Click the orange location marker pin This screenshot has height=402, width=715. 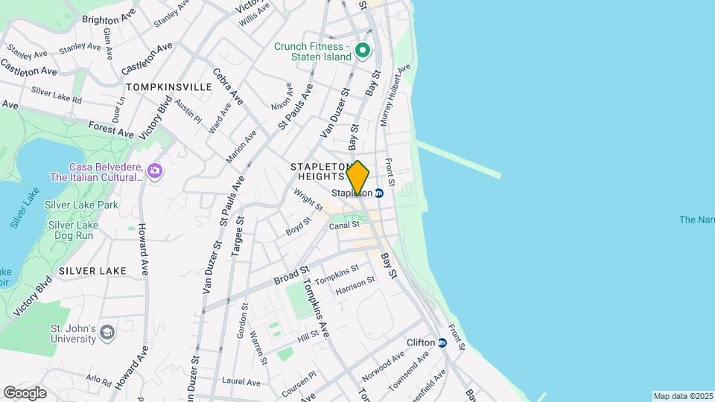(x=357, y=177)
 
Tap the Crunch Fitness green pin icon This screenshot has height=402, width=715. (x=363, y=51)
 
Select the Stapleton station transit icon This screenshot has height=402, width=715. (x=378, y=193)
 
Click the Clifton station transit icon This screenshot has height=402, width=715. (x=442, y=342)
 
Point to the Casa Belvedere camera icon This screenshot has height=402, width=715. (x=154, y=171)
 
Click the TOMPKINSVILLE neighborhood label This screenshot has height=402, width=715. (x=169, y=87)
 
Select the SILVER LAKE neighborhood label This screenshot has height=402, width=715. (x=92, y=270)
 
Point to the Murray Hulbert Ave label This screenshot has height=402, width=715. (x=395, y=95)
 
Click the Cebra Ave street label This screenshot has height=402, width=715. (x=228, y=86)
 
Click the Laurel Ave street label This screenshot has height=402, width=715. (x=242, y=382)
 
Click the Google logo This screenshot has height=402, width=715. (x=25, y=393)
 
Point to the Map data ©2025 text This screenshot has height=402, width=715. (x=683, y=396)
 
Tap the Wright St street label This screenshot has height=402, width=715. (x=308, y=199)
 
